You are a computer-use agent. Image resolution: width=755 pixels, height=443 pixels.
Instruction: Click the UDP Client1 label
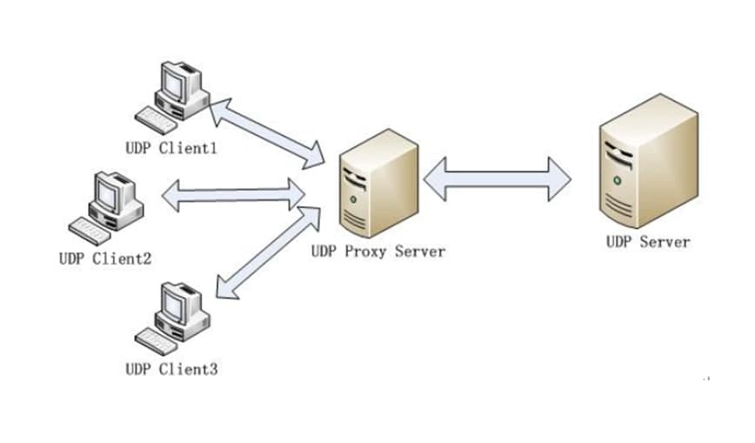[170, 149]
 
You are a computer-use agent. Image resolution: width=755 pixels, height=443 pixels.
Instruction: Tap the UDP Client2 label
[105, 258]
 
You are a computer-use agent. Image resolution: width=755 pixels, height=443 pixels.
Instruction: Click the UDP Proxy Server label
[377, 252]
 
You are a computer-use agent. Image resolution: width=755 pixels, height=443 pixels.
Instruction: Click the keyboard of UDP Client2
[91, 228]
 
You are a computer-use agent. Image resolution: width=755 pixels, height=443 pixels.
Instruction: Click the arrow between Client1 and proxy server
[265, 132]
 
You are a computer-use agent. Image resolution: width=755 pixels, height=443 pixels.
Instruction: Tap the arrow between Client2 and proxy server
[233, 194]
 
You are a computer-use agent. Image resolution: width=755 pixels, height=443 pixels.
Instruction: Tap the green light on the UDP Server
[616, 180]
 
